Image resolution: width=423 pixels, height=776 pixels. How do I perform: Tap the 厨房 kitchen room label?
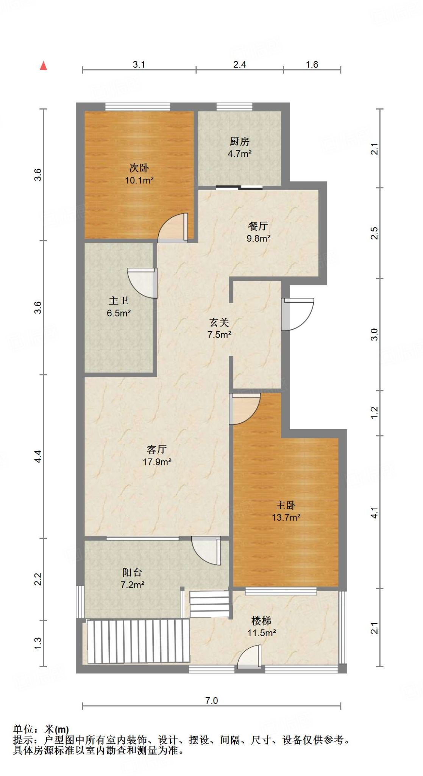239,142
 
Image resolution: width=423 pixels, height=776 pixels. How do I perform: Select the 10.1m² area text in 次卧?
139,180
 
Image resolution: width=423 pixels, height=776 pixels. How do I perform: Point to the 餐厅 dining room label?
258,226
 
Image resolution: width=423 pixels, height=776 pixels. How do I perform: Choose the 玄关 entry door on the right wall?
298,314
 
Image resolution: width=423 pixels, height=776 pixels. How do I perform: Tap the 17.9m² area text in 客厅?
157,462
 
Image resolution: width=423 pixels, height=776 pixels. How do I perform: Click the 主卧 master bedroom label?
286,505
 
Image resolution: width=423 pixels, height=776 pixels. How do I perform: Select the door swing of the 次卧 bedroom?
173,228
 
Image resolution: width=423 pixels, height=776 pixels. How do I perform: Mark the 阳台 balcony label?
132,572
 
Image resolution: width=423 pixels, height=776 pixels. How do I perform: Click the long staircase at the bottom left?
138,641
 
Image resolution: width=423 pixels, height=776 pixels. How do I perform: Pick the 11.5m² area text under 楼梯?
262,633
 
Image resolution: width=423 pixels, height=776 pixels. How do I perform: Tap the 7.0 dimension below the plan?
212,701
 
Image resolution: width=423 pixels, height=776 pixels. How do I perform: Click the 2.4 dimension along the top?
240,65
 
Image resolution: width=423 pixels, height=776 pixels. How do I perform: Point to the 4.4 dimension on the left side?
38,456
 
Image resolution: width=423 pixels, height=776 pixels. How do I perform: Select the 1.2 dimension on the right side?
374,413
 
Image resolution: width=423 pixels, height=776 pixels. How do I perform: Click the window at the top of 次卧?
138,107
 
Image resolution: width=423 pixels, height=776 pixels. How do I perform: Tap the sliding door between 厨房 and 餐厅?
239,187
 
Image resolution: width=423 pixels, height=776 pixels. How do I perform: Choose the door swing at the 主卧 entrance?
245,409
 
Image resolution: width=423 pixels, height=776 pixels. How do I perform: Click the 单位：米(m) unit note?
41,729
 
